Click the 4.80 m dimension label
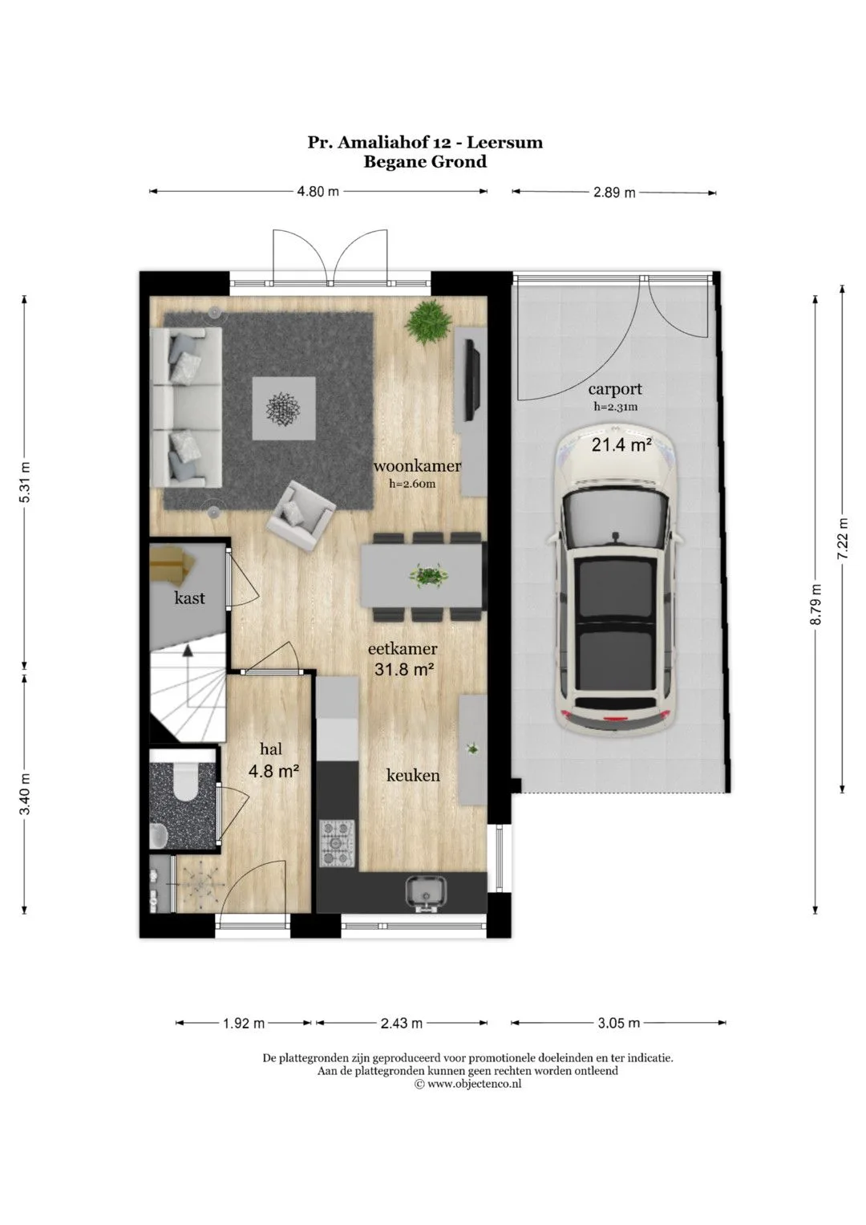tap(318, 192)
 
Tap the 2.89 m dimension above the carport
tap(614, 193)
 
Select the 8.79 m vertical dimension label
tap(816, 604)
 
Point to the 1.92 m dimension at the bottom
tap(243, 1023)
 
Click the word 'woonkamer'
tap(417, 466)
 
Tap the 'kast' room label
tap(190, 598)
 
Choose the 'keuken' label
tap(413, 775)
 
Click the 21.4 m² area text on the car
tap(621, 445)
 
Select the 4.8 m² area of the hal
tap(273, 771)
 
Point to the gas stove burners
tap(337, 842)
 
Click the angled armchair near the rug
tap(301, 516)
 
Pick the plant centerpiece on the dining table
tap(429, 574)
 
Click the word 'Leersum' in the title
tap(503, 142)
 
